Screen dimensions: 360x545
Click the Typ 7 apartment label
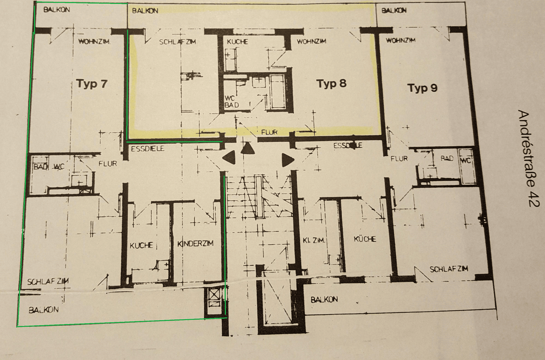(x=92, y=83)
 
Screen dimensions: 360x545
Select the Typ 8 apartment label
(x=331, y=83)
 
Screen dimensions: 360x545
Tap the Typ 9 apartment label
(x=422, y=88)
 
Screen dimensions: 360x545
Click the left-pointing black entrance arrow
(x=229, y=157)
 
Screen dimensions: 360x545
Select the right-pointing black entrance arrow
(x=287, y=160)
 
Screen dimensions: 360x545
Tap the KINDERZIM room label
(x=195, y=243)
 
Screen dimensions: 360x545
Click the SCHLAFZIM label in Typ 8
(x=177, y=42)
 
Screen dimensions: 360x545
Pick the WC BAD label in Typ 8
(x=231, y=102)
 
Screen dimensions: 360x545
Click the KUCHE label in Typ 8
(x=237, y=42)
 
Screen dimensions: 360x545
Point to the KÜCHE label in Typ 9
(x=365, y=239)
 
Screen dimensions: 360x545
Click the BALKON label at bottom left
(x=44, y=310)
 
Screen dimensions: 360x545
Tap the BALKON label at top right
(x=394, y=10)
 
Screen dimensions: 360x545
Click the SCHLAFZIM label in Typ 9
(x=449, y=269)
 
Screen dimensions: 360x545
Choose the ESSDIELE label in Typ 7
(x=147, y=149)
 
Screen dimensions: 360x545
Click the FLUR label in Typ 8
(x=269, y=132)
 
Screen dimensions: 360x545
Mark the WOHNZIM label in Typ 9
(x=400, y=40)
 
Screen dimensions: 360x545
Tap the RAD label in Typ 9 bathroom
(x=447, y=158)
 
